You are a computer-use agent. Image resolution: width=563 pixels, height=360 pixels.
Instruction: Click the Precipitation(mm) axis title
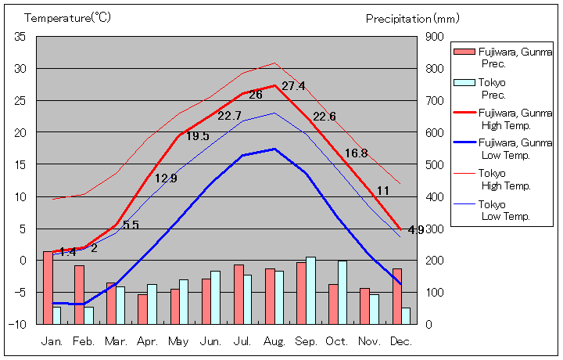(x=414, y=17)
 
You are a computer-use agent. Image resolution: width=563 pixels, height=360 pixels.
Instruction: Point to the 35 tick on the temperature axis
(x=20, y=37)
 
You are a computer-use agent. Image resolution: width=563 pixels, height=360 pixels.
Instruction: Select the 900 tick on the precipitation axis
(x=435, y=37)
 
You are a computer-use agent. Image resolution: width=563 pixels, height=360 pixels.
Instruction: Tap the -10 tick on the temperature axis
(x=19, y=323)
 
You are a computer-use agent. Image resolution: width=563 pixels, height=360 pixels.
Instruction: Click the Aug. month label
(x=274, y=341)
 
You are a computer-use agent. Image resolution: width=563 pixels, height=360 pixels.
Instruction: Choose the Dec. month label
(x=400, y=341)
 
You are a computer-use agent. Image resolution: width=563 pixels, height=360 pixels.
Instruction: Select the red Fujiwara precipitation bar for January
(x=48, y=287)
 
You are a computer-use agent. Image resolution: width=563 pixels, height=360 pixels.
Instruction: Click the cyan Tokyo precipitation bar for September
(x=310, y=290)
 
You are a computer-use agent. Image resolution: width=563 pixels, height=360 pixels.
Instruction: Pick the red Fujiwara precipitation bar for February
(x=79, y=294)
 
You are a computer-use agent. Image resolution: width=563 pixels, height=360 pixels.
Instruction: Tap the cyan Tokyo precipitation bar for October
(x=342, y=292)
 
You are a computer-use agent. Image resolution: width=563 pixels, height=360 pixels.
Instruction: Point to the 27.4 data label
(x=293, y=86)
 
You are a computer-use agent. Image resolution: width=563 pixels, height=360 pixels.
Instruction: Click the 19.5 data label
(x=197, y=136)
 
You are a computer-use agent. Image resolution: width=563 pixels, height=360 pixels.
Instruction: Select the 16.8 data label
(x=356, y=153)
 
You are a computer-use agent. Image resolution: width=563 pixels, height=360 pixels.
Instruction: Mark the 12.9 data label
(x=166, y=178)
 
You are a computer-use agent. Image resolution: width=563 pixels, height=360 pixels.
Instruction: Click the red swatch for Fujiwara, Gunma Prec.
(x=464, y=52)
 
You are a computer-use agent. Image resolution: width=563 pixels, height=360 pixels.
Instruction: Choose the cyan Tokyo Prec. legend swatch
(x=464, y=83)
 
